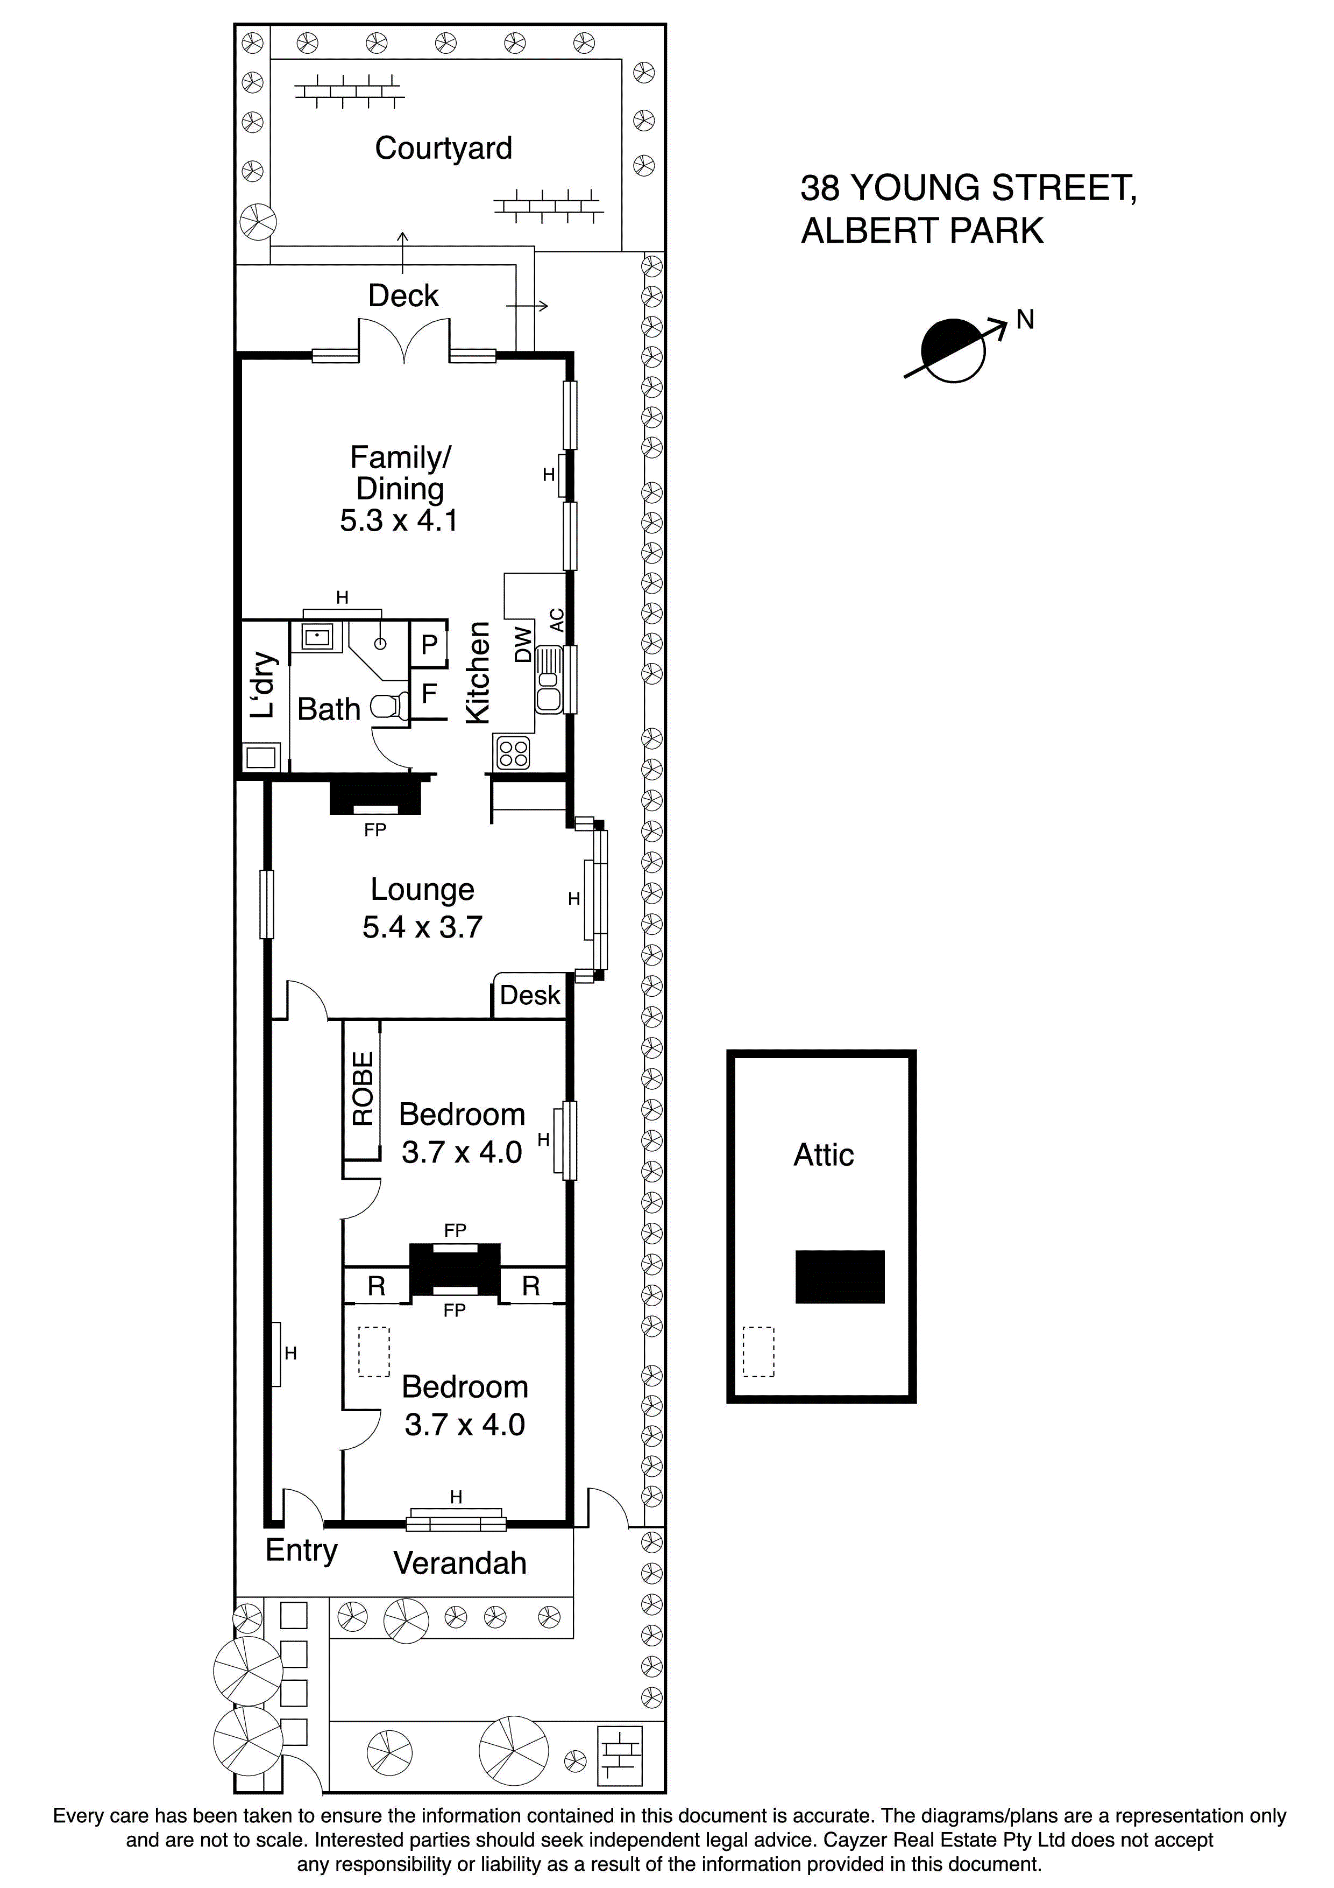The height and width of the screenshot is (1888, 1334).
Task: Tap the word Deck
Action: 403,296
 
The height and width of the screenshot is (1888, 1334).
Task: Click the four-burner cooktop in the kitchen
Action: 513,753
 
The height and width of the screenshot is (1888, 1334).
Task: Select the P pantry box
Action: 429,644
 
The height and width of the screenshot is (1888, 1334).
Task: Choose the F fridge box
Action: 429,693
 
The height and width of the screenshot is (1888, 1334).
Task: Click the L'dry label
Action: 262,686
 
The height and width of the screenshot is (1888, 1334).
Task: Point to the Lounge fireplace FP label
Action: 375,830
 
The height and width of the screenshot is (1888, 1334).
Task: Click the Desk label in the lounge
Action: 530,996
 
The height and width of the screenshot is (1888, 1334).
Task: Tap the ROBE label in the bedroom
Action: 363,1089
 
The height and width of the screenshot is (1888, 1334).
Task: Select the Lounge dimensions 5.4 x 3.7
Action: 422,927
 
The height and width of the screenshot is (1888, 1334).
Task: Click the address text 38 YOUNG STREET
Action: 967,188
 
